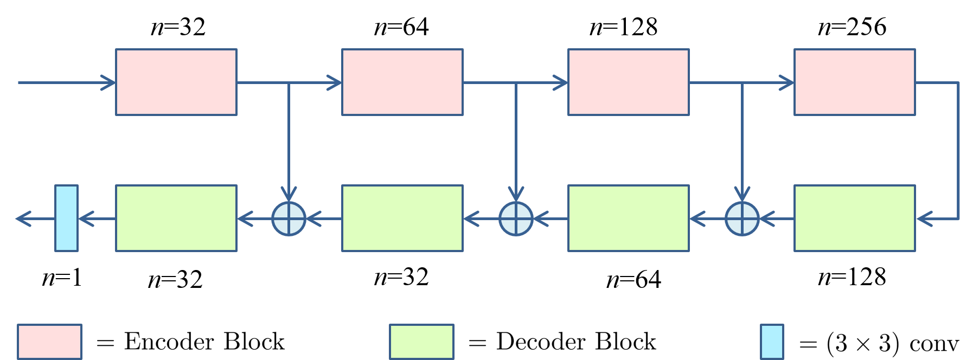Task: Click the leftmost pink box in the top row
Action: point(176,82)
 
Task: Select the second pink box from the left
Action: point(402,82)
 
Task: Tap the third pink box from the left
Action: point(629,82)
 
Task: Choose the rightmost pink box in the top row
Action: point(855,82)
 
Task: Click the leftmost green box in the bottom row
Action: point(176,218)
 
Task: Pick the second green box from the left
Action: point(402,218)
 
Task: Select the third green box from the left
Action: point(629,218)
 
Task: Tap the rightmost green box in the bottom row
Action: point(855,218)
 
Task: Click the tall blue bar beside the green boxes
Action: point(66,218)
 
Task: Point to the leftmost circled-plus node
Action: point(289,219)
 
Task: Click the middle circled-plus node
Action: point(516,219)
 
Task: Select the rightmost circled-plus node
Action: point(742,219)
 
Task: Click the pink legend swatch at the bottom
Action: point(49,342)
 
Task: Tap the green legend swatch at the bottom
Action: point(421,342)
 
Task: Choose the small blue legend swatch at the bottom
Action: point(772,342)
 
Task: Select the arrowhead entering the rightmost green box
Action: point(924,219)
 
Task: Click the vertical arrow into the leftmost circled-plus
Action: point(289,141)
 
